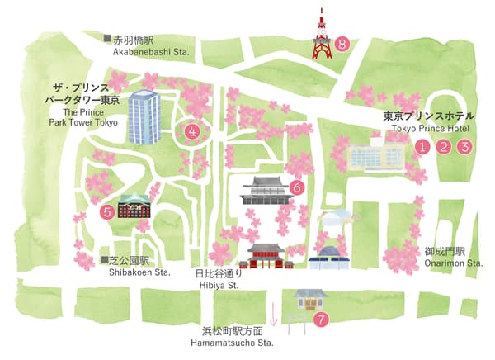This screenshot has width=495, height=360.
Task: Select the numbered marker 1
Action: click(x=422, y=147)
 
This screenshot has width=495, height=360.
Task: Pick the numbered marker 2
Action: click(x=444, y=147)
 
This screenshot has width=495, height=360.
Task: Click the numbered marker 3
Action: click(x=464, y=147)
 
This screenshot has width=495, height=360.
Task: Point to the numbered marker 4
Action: click(x=192, y=130)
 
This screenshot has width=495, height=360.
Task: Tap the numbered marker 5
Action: click(x=108, y=211)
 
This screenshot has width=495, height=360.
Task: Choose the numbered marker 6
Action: click(x=298, y=187)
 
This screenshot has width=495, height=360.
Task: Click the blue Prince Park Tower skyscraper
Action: click(x=144, y=117)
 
